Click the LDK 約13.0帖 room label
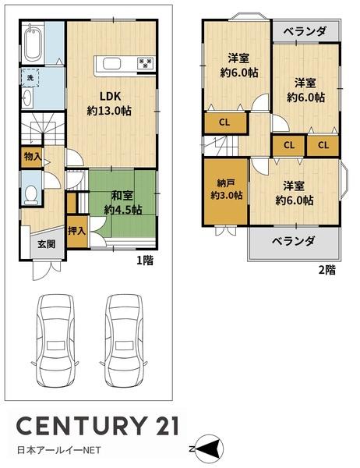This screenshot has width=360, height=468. pos(108,104)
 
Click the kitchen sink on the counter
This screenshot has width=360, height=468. pos(107,64)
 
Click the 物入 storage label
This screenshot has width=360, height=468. pos(32,157)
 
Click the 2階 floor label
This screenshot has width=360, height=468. pos(326,271)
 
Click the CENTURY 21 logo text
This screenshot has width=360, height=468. pos(97,426)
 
